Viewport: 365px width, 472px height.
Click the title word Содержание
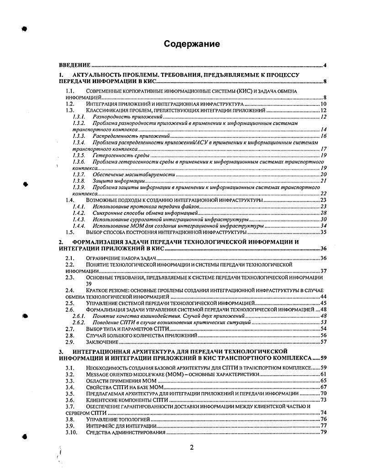(192, 44)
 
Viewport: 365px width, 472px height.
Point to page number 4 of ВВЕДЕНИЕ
(324, 66)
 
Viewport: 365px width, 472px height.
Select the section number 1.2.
(70, 105)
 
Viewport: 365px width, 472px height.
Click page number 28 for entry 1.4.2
(323, 213)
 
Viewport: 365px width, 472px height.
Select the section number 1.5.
(70, 232)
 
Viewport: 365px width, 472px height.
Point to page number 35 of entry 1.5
(323, 232)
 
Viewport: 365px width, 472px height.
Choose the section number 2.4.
(70, 290)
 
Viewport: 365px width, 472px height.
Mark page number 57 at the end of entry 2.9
(323, 341)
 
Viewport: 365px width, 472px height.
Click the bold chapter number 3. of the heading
(61, 351)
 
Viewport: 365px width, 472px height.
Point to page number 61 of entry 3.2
(323, 374)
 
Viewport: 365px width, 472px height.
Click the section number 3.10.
(71, 432)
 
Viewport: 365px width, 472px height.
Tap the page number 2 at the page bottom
(192, 447)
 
